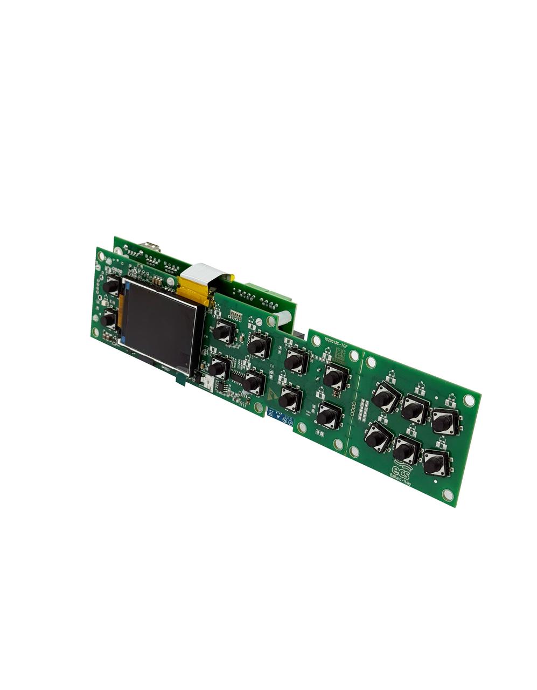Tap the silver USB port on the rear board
[x=151, y=247]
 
